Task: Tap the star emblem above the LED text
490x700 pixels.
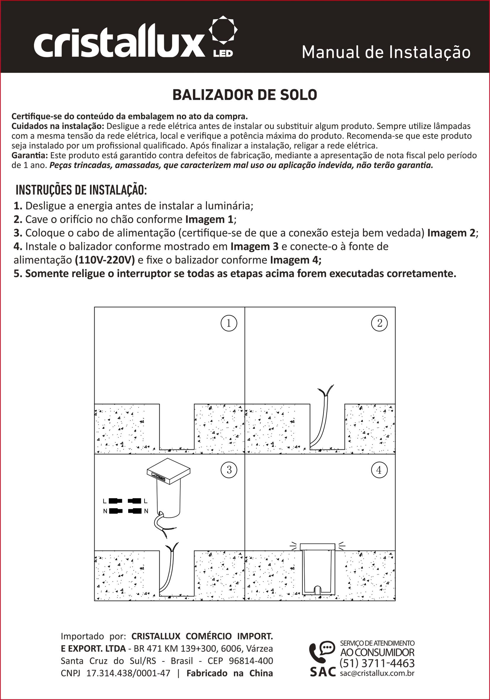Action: [223, 30]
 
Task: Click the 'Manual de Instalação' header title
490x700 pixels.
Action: [386, 52]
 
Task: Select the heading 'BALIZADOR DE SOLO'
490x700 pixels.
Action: [245, 95]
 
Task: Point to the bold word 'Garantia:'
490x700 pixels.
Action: [30, 156]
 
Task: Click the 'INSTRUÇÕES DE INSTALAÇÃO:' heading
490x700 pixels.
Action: [81, 190]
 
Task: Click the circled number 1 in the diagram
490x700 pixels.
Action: [229, 323]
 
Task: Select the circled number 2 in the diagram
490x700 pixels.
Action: [380, 323]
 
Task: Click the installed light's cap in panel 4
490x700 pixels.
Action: [317, 547]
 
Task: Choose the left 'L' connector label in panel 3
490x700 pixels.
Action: [105, 501]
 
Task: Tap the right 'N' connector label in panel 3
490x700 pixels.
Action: [146, 511]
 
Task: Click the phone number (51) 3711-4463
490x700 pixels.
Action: [377, 663]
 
